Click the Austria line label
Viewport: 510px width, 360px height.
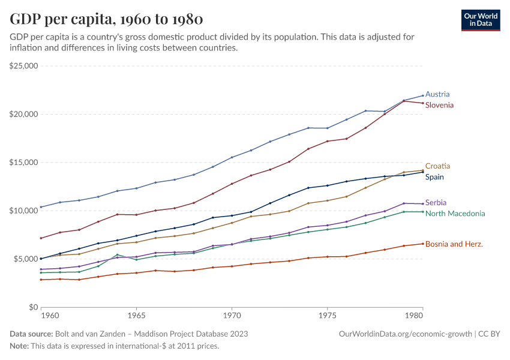click(x=437, y=94)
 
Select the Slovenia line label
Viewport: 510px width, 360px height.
click(x=439, y=105)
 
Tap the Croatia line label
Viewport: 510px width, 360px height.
click(x=437, y=166)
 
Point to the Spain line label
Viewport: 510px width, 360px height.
click(x=435, y=177)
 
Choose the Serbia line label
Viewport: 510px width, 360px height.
click(x=436, y=203)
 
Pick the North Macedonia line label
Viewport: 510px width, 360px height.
click(x=455, y=214)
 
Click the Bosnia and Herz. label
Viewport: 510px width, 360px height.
click(x=454, y=244)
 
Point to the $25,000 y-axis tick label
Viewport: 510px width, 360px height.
click(x=24, y=66)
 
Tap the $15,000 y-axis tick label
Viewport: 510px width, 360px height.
click(x=24, y=163)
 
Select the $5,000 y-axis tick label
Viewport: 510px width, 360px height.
click(x=26, y=259)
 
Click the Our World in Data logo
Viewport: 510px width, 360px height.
click(x=480, y=20)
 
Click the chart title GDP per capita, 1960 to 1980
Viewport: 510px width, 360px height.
click(x=106, y=19)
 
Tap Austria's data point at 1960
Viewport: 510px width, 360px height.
click(x=41, y=207)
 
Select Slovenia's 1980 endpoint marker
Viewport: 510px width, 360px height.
click(x=422, y=103)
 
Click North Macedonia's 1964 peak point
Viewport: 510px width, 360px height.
click(x=117, y=254)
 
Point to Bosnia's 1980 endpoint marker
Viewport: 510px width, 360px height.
click(x=422, y=244)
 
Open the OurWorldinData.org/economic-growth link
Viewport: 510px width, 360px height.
click(x=406, y=334)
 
